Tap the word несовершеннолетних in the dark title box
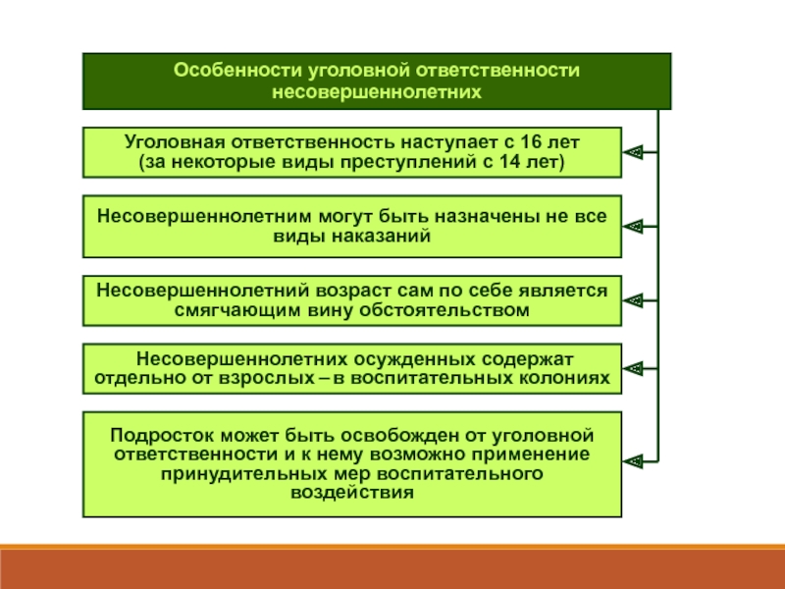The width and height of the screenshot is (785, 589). [x=377, y=91]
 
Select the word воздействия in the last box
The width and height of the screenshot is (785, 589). [x=352, y=493]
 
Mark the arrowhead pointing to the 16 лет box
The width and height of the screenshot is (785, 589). [x=634, y=151]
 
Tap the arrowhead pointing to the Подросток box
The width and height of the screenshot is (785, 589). [x=634, y=458]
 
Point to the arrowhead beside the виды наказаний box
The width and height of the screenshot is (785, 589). [x=634, y=226]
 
